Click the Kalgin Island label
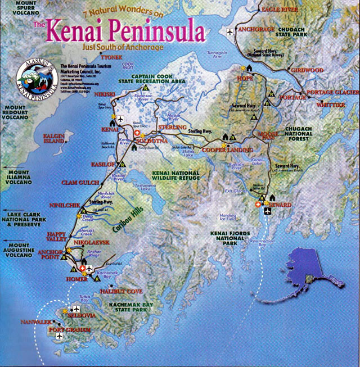click(x=58, y=138)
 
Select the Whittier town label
click(x=331, y=105)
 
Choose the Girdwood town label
click(x=307, y=70)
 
